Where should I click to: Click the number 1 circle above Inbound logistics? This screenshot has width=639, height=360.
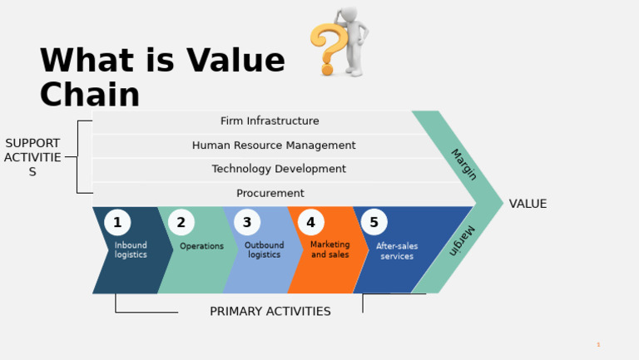tap(117, 223)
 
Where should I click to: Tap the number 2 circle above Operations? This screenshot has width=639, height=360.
tap(181, 223)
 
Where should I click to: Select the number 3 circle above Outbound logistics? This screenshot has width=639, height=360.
tap(247, 223)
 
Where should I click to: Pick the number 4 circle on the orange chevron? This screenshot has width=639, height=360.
tap(311, 223)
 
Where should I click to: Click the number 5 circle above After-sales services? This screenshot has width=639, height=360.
tap(374, 223)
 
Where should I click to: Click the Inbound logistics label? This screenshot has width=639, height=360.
tap(131, 250)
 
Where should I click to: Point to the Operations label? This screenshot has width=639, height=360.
tap(201, 246)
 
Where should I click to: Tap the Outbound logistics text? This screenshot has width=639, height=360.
tap(264, 250)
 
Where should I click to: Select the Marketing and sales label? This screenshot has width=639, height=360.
tap(330, 249)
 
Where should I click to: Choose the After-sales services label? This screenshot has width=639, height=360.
tap(397, 251)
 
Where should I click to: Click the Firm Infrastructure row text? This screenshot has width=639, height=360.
tap(270, 121)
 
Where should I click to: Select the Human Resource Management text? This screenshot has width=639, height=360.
tap(274, 145)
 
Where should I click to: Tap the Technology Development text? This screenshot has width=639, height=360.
tap(279, 169)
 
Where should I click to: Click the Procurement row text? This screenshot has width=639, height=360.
tap(270, 193)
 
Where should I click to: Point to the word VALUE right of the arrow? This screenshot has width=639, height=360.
tap(528, 204)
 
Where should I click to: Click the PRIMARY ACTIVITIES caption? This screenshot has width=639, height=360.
tap(270, 312)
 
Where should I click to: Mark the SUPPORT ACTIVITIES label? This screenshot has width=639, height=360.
tap(32, 157)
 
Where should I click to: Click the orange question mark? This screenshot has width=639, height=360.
tap(325, 48)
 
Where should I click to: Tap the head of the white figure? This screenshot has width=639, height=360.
tap(350, 14)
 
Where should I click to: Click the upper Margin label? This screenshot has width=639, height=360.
tap(463, 165)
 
